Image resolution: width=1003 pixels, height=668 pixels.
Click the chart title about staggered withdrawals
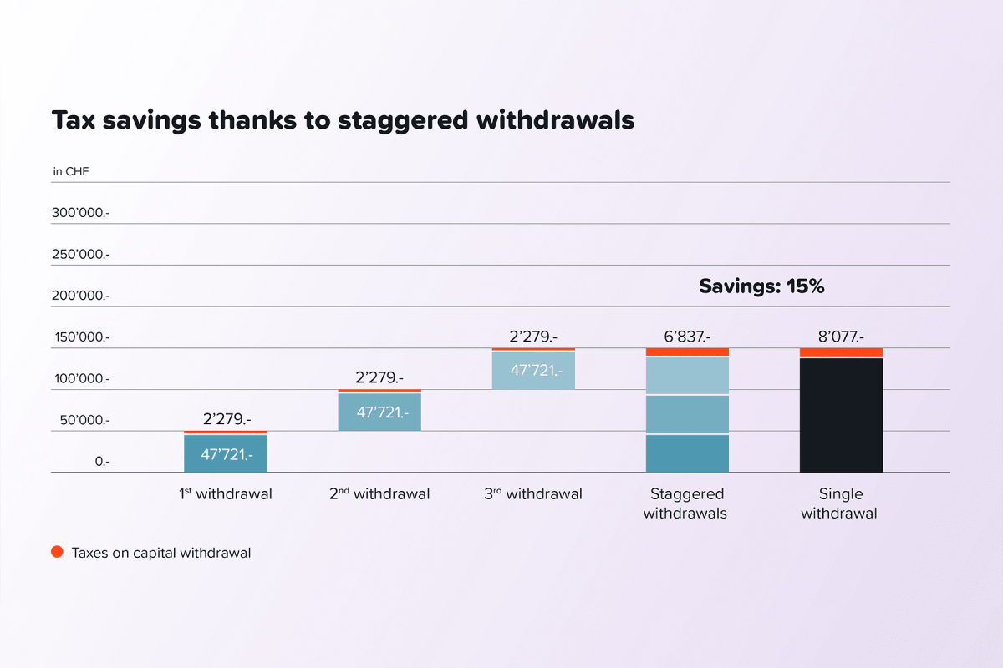pyautogui.click(x=343, y=120)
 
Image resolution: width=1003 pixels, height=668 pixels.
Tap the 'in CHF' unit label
pyautogui.click(x=70, y=172)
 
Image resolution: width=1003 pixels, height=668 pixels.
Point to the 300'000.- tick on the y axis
pyautogui.click(x=81, y=213)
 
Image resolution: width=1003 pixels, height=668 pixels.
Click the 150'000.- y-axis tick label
pyautogui.click(x=81, y=337)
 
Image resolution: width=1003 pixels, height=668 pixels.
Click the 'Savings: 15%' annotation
pyautogui.click(x=761, y=286)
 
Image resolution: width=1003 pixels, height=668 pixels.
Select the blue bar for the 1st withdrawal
pyautogui.click(x=226, y=453)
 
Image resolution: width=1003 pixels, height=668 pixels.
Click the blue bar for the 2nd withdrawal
pyautogui.click(x=379, y=412)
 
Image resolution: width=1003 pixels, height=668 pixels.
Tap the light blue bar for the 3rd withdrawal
pyautogui.click(x=533, y=371)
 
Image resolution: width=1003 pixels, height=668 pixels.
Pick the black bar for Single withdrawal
pyautogui.click(x=841, y=415)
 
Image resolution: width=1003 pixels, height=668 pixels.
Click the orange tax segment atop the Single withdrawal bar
pyautogui.click(x=841, y=352)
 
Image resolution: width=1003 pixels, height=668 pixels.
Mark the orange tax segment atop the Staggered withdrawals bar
pyautogui.click(x=687, y=352)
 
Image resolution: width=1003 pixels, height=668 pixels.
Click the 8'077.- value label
pyautogui.click(x=841, y=337)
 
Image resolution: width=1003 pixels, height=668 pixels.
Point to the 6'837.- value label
pyautogui.click(x=687, y=337)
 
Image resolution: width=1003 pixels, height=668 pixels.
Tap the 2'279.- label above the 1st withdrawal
pyautogui.click(x=227, y=420)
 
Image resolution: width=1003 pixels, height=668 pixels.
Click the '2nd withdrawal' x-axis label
pyautogui.click(x=379, y=494)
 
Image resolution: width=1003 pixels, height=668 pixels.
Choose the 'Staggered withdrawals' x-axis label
pyautogui.click(x=685, y=504)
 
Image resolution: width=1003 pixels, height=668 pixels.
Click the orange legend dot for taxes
pyautogui.click(x=57, y=552)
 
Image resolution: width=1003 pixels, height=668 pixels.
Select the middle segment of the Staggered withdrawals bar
pyautogui.click(x=687, y=414)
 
